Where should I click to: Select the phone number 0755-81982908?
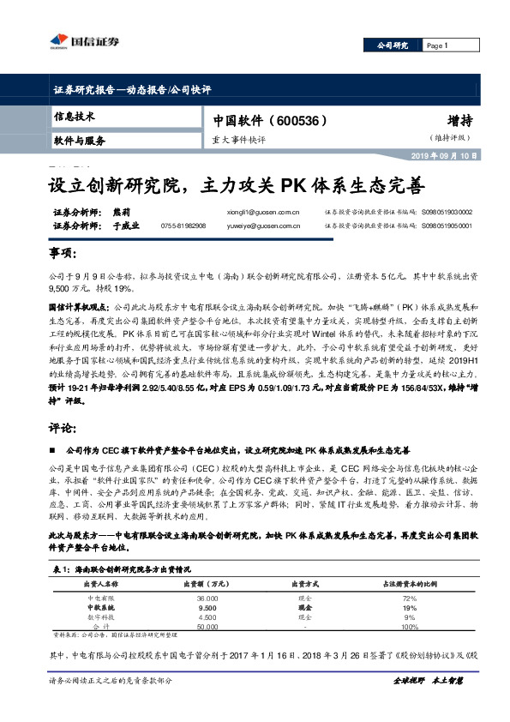click(x=183, y=226)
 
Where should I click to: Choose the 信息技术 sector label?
click(x=75, y=116)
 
